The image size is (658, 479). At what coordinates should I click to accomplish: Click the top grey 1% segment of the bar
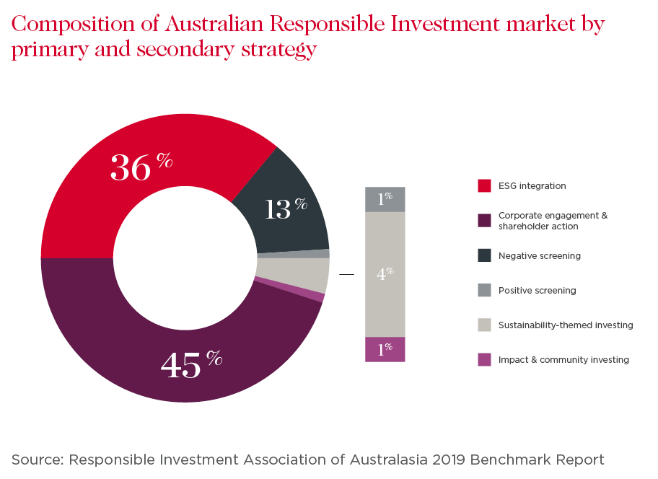(x=385, y=199)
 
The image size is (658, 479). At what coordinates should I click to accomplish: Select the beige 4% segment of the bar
(x=385, y=274)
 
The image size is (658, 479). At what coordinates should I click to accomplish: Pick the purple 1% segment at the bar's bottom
(x=385, y=349)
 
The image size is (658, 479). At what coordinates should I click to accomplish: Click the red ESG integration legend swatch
(x=484, y=186)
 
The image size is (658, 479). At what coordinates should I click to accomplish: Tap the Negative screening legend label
(x=539, y=256)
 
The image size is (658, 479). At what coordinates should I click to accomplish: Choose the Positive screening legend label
(x=537, y=291)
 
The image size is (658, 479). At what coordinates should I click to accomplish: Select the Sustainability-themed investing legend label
(x=566, y=325)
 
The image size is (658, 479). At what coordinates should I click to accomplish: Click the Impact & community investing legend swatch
(x=484, y=360)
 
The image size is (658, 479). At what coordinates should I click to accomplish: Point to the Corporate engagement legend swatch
(x=484, y=221)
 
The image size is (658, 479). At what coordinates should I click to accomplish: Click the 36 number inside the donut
(x=131, y=167)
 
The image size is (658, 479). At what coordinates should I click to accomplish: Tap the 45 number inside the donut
(x=180, y=365)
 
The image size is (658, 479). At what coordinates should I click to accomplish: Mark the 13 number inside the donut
(x=277, y=210)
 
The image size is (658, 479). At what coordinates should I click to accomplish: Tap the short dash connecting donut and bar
(x=347, y=275)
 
